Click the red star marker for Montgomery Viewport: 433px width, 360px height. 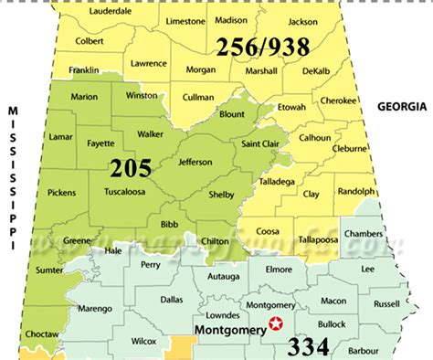click(x=274, y=323)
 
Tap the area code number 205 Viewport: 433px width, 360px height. click(x=131, y=168)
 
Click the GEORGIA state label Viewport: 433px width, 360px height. click(x=403, y=107)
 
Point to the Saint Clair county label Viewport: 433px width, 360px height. click(x=260, y=143)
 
